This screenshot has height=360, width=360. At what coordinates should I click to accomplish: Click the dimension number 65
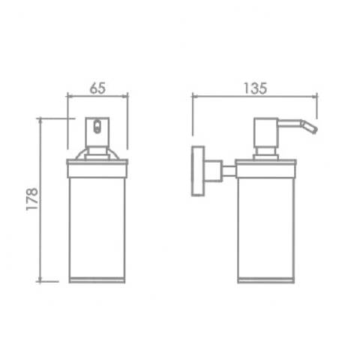pos(97,88)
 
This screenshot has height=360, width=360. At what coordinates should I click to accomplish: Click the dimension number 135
pos(255,88)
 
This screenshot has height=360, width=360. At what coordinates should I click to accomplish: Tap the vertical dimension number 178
pos(32,199)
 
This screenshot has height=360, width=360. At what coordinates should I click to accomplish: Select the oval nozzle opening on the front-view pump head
pos(97,127)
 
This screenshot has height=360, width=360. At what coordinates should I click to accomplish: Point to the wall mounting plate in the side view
pos(198,171)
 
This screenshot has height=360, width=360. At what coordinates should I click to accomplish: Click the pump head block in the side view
pos(266,132)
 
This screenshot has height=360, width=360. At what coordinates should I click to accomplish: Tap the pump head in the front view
pos(97,132)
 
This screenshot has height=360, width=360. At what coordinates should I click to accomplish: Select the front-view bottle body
pos(97,227)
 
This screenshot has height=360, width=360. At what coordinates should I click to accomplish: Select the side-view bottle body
pos(266,227)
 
